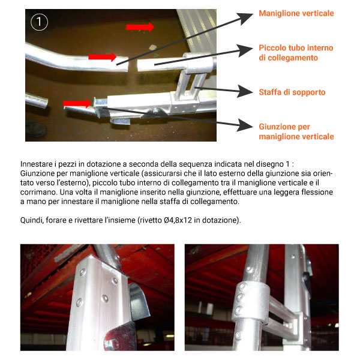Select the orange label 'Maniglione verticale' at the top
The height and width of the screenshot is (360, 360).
(x=296, y=13)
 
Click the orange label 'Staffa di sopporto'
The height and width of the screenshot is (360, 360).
(x=292, y=92)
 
